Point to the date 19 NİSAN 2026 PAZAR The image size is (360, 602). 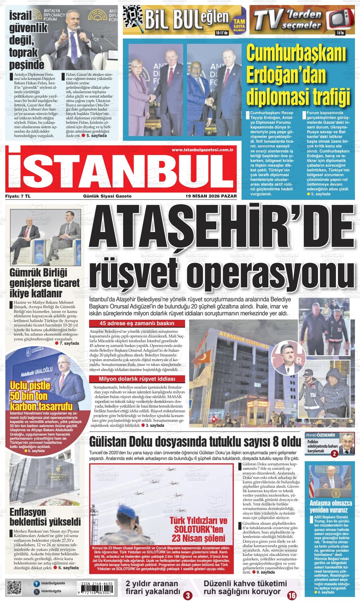pos(211,196)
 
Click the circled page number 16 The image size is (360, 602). pos(291,595)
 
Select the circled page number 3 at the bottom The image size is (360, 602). pos(188,596)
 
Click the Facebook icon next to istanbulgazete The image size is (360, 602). pos(37,584)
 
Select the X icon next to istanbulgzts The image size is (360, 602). pos(37,592)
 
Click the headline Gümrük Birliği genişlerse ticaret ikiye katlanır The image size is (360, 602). pos(44,283)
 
